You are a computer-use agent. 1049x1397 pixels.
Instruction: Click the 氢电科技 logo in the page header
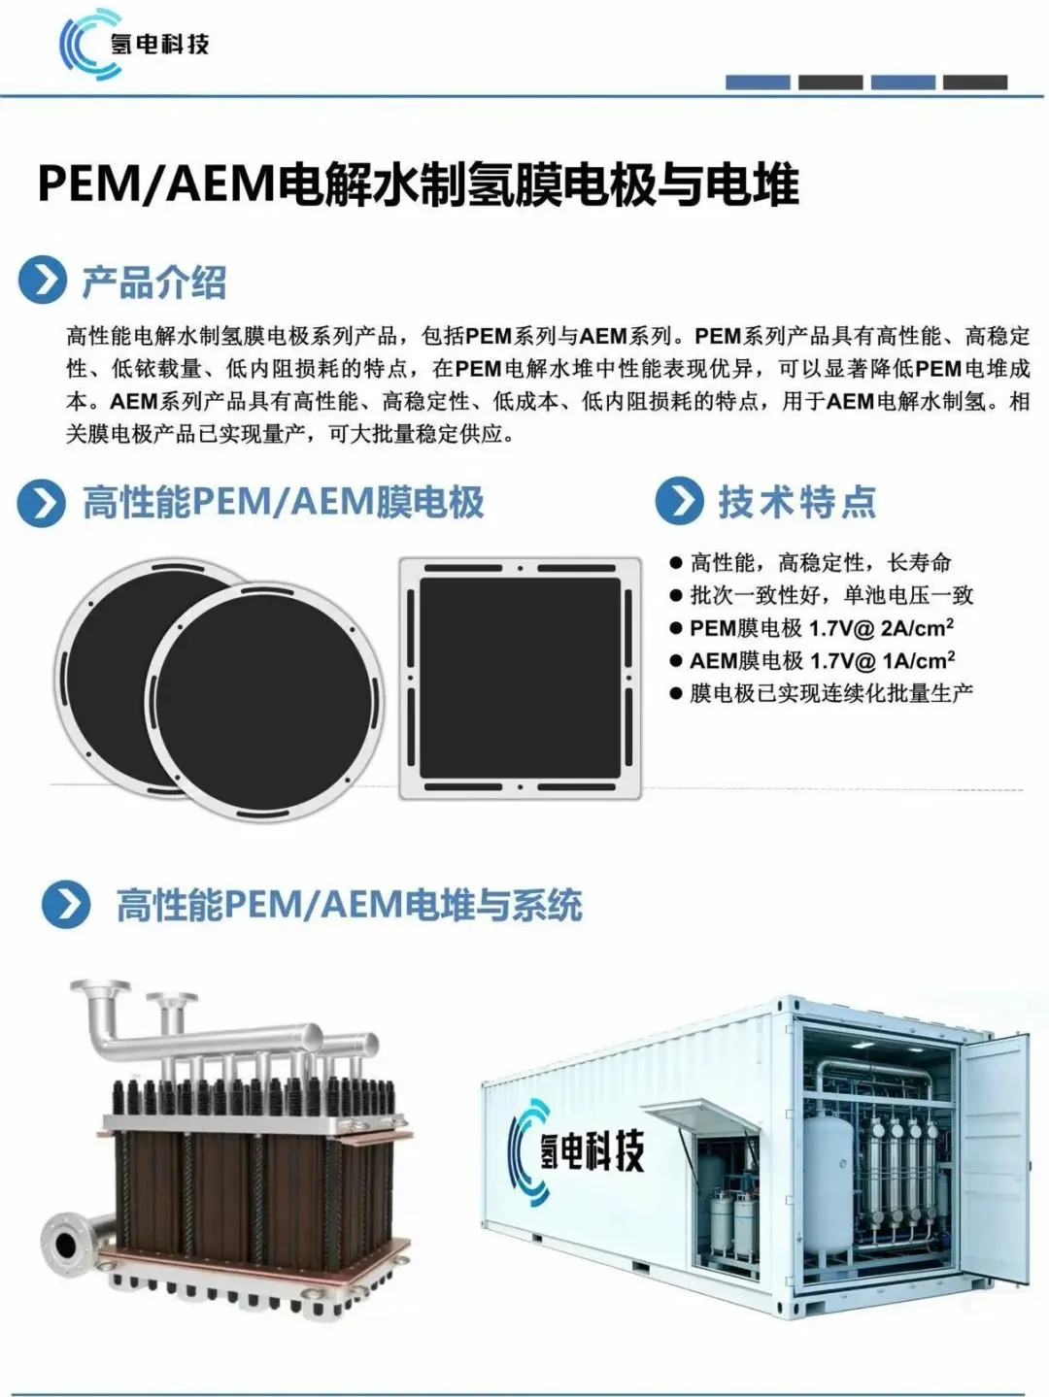134,44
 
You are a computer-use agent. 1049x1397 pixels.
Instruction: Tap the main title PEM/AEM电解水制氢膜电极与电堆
419,184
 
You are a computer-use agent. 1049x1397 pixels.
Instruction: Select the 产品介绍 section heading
154,282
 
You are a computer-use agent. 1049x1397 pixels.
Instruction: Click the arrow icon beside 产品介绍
42,280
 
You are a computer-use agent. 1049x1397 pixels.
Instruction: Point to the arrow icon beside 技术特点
679,501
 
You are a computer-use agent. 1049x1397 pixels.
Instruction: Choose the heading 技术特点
797,502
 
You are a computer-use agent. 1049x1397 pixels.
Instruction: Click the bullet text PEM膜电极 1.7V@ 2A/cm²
822,628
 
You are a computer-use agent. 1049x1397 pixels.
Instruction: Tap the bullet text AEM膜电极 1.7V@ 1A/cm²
823,660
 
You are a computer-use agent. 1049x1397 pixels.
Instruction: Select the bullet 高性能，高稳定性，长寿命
821,563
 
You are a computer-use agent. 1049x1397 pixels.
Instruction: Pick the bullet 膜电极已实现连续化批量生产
831,693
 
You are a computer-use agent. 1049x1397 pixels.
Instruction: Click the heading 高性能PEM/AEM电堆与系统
349,906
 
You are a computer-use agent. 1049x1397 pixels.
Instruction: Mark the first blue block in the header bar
758,83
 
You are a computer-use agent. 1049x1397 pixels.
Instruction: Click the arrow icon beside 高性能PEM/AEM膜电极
42,503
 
